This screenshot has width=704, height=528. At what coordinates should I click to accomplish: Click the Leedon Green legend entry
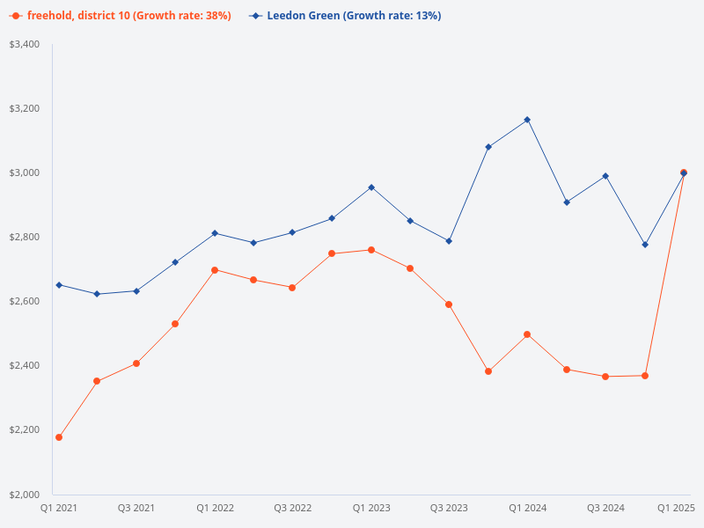[x=346, y=16]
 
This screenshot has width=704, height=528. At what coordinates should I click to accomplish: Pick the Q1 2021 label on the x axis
[x=59, y=508]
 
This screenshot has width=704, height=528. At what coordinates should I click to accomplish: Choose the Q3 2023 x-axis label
[x=449, y=508]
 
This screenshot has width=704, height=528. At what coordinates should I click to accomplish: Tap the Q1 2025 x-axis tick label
[x=677, y=508]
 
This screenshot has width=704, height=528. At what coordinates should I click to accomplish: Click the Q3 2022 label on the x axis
[x=292, y=508]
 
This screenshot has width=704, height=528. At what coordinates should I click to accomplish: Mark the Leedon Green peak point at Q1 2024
[x=527, y=120]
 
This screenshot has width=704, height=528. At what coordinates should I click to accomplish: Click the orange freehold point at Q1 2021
[x=59, y=437]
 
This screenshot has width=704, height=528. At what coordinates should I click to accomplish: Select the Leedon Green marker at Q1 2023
[x=371, y=187]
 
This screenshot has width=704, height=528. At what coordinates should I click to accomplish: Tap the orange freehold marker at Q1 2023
[x=371, y=250]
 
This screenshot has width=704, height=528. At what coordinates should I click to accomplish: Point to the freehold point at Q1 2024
[x=527, y=334]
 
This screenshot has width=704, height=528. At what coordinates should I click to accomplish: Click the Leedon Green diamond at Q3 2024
[x=605, y=176]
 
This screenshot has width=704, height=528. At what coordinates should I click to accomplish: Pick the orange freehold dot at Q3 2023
[x=449, y=304]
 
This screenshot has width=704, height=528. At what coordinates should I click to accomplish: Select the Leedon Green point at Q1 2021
[x=59, y=285]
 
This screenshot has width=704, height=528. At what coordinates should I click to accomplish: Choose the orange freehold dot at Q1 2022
[x=215, y=270]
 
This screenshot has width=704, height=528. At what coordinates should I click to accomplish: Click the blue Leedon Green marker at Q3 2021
[x=136, y=291]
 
